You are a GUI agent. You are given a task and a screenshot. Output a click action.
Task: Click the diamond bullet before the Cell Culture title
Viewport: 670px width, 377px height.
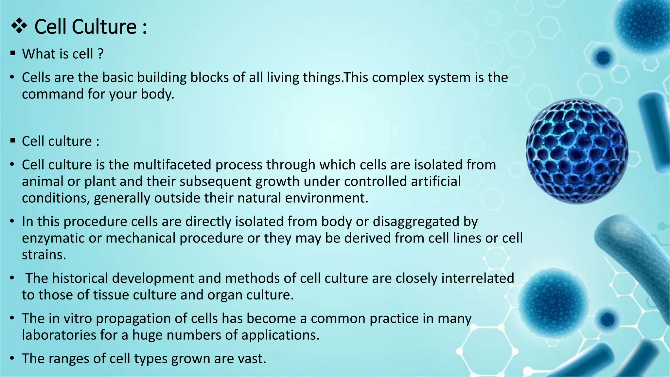[x=19, y=26]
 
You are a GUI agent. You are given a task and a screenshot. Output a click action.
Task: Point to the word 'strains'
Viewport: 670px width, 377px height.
[x=44, y=255]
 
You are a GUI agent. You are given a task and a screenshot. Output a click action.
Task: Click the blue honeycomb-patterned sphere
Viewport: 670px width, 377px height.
[x=577, y=151]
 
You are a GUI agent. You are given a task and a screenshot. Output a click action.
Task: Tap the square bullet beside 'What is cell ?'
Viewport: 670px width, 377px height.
[x=13, y=53]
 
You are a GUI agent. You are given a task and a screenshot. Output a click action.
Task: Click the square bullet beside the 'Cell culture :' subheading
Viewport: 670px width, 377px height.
[x=13, y=141]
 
